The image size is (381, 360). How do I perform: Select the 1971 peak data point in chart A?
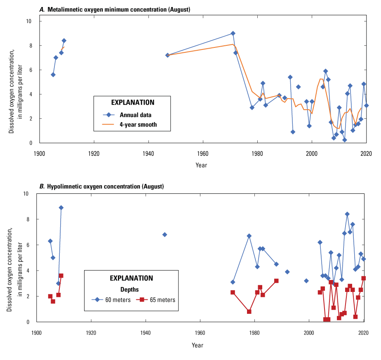point(233,33)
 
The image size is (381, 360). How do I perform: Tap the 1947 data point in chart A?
point(167,55)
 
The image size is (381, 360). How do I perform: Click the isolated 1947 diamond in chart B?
point(165,235)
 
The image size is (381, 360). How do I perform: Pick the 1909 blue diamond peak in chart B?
point(61,208)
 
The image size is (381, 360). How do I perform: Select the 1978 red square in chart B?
point(249,312)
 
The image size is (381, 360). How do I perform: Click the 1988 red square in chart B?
point(276,281)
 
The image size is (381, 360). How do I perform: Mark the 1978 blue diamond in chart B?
point(249,236)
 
